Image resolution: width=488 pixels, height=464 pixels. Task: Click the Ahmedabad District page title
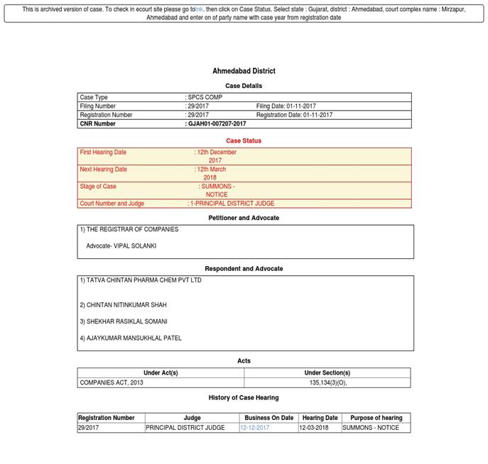pos(244,71)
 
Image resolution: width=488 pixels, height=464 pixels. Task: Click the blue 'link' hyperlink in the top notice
pos(200,10)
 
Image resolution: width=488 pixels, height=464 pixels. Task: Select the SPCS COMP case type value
pos(205,97)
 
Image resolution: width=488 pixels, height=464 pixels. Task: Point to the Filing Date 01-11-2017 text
pos(286,106)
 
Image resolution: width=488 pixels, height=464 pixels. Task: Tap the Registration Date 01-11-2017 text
pos(294,115)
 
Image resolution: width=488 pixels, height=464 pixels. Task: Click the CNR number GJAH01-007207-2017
pos(217,123)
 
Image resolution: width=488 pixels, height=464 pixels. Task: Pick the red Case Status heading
pos(244,140)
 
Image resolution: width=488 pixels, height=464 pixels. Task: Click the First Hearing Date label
pos(103,153)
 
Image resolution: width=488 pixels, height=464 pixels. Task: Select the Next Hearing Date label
pos(103,170)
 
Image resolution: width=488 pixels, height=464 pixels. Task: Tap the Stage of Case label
pos(98,187)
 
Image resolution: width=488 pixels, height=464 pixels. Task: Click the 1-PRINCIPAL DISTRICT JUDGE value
pos(232,204)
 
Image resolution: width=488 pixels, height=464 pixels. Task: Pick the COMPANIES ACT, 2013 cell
pos(112,382)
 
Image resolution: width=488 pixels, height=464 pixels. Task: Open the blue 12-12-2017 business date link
pos(254,428)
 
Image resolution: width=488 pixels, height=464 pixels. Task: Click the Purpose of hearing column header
pos(376,418)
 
